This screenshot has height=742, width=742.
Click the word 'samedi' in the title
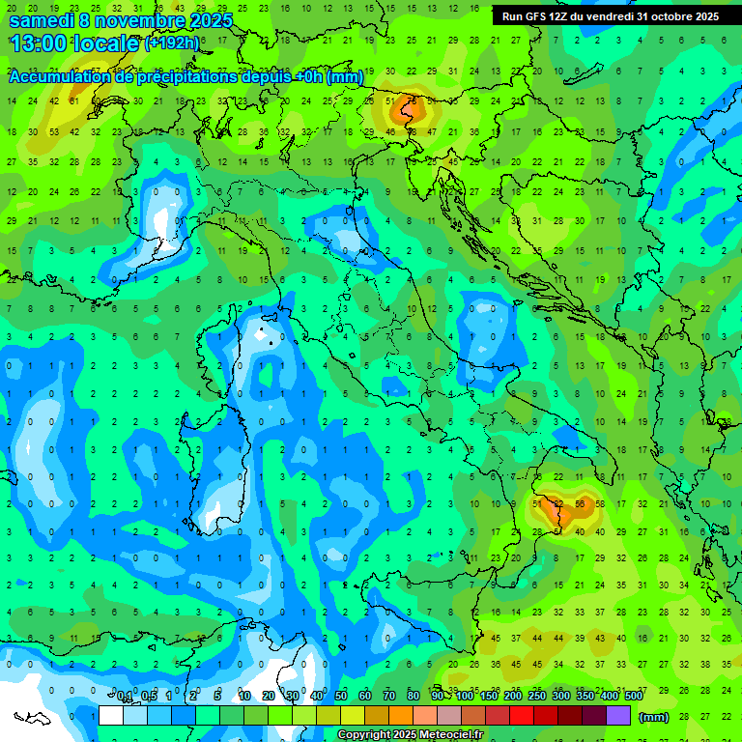pos(41,20)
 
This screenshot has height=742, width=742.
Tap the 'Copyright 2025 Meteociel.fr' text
pos(411,735)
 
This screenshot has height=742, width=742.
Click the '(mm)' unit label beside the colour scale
pos(654,717)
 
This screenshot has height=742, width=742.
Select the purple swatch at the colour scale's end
pos(618,716)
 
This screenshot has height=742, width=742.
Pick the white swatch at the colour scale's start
pos(111,716)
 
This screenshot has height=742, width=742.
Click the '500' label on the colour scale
pos(633,696)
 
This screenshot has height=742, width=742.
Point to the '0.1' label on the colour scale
pos(125,696)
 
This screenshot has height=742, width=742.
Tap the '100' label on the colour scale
pos(465,696)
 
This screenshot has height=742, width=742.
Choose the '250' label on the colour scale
pos(537,696)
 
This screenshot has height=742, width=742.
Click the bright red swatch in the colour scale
pos(522,716)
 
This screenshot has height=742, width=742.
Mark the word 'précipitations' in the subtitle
pos(192,77)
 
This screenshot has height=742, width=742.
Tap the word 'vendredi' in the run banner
pos(607,16)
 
